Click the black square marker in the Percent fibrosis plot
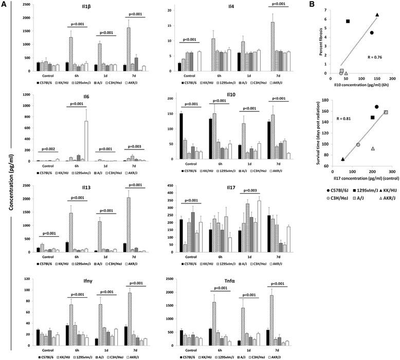(348, 21)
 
